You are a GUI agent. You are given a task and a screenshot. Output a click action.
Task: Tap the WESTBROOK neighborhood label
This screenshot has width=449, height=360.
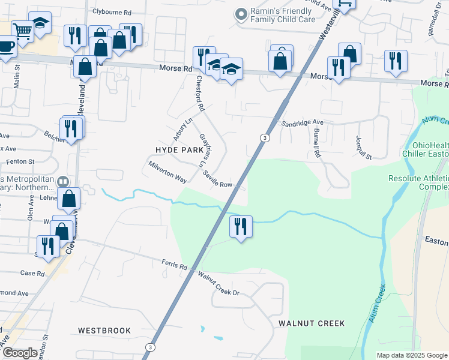104,331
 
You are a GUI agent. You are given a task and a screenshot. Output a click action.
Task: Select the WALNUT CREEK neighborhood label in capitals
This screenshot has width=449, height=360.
312,323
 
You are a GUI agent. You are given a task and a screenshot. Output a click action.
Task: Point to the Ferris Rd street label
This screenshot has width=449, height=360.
175,263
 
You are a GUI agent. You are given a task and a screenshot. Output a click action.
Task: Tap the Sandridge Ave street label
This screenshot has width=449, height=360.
303,122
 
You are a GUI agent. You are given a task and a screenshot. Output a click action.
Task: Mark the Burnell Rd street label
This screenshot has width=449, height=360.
316,143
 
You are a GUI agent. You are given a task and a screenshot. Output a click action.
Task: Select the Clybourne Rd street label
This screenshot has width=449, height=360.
111,11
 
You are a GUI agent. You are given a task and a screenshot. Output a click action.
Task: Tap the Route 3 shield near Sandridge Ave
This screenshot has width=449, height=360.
264,138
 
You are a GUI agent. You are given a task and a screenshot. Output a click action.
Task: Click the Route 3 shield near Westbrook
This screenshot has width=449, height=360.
150,347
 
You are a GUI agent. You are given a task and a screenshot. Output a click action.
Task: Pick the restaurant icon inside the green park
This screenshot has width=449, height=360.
241,226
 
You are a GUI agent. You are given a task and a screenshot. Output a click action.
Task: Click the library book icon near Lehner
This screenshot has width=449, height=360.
63,181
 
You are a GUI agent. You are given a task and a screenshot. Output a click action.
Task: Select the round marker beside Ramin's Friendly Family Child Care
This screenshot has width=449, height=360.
241,13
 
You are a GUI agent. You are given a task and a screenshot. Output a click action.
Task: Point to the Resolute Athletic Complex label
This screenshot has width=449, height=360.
419,183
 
